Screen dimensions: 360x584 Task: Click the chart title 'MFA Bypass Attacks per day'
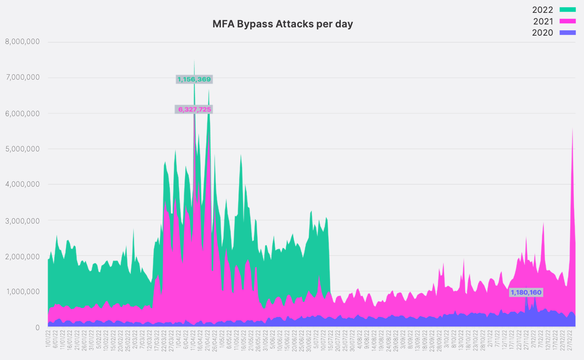(283, 24)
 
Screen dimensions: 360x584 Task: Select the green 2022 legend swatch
(567, 10)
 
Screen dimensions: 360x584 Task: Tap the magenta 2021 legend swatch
(567, 21)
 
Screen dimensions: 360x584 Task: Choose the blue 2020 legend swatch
(567, 32)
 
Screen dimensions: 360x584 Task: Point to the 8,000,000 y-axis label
(22, 41)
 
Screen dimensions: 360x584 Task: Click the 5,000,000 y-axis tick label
(22, 149)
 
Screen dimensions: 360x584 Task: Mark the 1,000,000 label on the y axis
(22, 292)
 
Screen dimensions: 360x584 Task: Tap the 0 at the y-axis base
(37, 328)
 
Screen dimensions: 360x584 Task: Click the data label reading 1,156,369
(194, 79)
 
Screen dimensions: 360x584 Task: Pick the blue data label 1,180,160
(526, 292)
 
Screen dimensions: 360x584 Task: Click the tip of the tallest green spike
(194, 61)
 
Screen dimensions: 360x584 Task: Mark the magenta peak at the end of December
(572, 129)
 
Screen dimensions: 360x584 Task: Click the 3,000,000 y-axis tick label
(22, 221)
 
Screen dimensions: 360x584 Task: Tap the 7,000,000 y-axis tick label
(22, 78)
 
